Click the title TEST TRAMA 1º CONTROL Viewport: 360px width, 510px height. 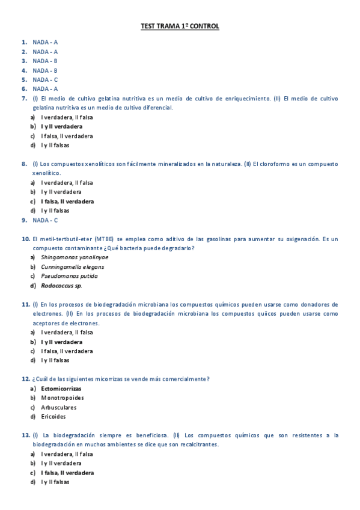180,26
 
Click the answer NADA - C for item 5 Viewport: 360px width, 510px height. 45,79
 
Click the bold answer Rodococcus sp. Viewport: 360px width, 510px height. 61,285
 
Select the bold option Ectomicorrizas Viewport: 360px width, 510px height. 61,389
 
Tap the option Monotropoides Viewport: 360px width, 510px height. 63,398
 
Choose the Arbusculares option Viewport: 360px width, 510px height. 59,407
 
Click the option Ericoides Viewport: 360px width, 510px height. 53,416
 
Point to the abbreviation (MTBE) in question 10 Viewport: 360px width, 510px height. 103,239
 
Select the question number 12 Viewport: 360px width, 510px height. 25,379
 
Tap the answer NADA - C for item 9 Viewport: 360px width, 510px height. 45,220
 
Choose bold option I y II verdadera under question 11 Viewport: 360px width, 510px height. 62,342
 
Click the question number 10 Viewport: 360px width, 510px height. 25,239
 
